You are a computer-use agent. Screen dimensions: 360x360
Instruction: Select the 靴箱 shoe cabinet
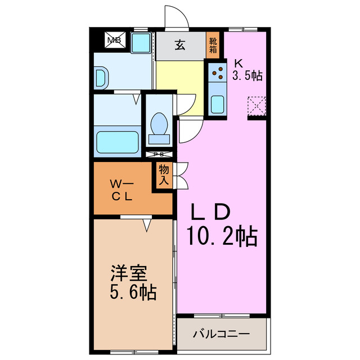pos(213,44)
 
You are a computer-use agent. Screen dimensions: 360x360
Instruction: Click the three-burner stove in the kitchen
pos(217,72)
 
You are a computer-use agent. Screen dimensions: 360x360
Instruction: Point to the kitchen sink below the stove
pos(217,103)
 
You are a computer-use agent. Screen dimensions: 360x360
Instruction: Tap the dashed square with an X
pos(256,105)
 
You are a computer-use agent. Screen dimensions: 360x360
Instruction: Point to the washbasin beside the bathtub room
pos(101,76)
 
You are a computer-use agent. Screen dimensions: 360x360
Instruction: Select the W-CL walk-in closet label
pos(120,190)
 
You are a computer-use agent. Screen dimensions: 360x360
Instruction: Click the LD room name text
pos(211,212)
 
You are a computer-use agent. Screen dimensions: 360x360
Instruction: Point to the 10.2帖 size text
pos(222,236)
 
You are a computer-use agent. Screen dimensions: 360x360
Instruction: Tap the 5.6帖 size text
pos(133,292)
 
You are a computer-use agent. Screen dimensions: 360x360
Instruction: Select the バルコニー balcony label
pos(222,334)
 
